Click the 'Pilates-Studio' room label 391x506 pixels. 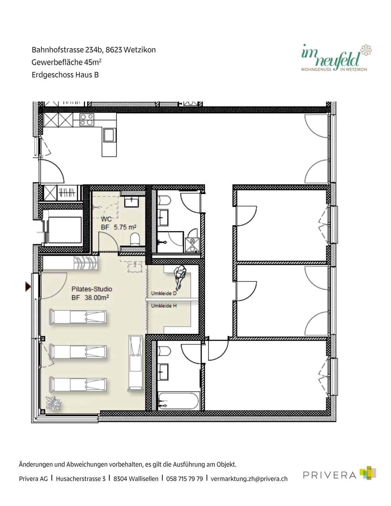pyautogui.click(x=92, y=289)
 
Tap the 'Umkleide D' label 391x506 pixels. pyautogui.click(x=164, y=293)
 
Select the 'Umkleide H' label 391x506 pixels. pyautogui.click(x=164, y=306)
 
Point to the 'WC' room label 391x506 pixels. pyautogui.click(x=106, y=219)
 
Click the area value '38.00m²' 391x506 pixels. pyautogui.click(x=97, y=298)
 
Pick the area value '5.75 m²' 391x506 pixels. pyautogui.click(x=125, y=227)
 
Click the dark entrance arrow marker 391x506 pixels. pyautogui.click(x=28, y=287)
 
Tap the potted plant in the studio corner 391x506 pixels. pyautogui.click(x=53, y=404)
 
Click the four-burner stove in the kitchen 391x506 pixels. pyautogui.click(x=87, y=120)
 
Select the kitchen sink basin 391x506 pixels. pyautogui.click(x=109, y=135)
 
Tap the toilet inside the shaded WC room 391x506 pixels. pyautogui.click(x=135, y=239)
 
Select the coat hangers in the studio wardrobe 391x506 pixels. pyautogui.click(x=86, y=263)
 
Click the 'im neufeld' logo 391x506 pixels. pyautogui.click(x=336, y=58)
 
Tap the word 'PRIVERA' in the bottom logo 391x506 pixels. pyautogui.click(x=330, y=475)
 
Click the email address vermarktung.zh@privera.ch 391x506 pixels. pyautogui.click(x=249, y=479)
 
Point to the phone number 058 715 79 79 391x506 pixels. pyautogui.click(x=185, y=479)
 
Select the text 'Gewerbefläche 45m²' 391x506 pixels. pyautogui.click(x=67, y=62)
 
